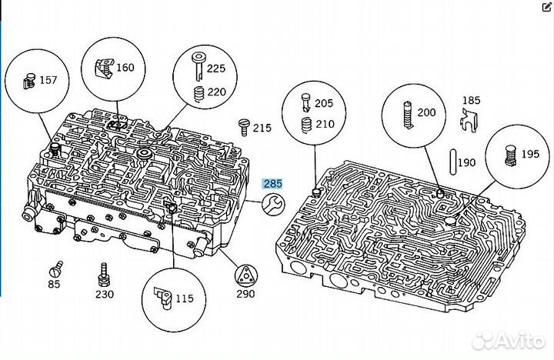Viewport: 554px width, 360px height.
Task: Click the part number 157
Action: click(48, 81)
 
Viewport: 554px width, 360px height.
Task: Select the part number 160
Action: click(125, 67)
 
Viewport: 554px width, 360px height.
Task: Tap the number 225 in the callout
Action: click(215, 68)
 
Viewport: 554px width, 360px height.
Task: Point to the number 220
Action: click(215, 91)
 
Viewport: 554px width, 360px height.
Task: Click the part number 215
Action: click(262, 127)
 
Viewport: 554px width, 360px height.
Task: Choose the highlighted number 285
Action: click(273, 184)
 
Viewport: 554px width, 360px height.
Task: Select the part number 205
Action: click(325, 103)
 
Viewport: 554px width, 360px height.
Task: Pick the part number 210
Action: click(325, 123)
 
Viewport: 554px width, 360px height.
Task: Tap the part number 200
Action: click(426, 112)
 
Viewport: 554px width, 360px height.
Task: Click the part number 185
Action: click(471, 101)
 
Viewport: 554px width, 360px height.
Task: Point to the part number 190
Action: click(467, 163)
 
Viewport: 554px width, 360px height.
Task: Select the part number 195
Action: click(529, 154)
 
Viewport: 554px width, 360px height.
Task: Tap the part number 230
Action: click(104, 294)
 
